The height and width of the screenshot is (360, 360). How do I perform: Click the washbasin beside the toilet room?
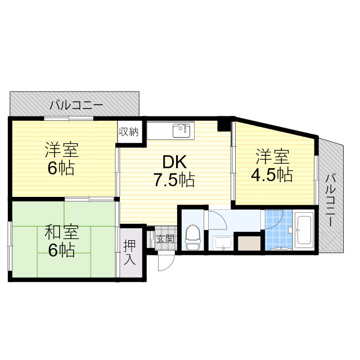[224, 244]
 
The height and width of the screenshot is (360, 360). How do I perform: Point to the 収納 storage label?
[128, 132]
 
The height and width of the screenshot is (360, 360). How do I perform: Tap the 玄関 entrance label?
[165, 238]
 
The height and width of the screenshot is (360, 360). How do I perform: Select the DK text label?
[174, 163]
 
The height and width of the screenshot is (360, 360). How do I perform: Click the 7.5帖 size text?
[174, 181]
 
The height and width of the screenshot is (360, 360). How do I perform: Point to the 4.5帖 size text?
[271, 174]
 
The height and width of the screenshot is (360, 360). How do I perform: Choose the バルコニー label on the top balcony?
[75, 105]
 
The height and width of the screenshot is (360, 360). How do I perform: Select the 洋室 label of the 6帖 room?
[61, 151]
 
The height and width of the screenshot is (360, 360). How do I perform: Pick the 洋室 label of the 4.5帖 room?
[272, 155]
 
